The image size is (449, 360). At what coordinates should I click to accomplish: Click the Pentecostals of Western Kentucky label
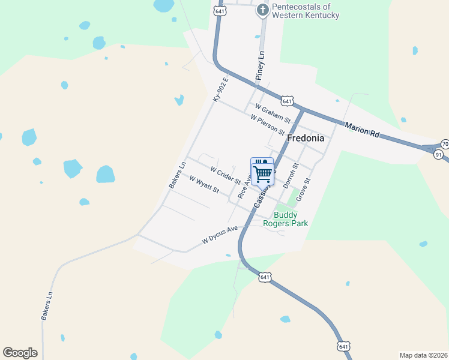point(306,11)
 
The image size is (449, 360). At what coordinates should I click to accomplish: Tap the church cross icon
point(262,10)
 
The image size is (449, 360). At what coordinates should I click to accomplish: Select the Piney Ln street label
point(260,65)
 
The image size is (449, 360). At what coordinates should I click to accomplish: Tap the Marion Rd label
point(362,130)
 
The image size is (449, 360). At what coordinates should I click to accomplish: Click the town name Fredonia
point(306,138)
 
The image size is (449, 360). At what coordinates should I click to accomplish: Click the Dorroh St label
point(291,176)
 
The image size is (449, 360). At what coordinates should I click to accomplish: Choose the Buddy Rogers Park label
point(291,219)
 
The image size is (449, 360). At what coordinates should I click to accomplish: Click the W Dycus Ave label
point(220,234)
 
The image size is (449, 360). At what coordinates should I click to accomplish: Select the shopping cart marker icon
point(262,173)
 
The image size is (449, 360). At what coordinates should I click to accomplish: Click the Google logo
point(20,353)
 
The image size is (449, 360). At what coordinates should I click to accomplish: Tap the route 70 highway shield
point(445,144)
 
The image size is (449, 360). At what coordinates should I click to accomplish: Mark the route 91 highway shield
point(439,154)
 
